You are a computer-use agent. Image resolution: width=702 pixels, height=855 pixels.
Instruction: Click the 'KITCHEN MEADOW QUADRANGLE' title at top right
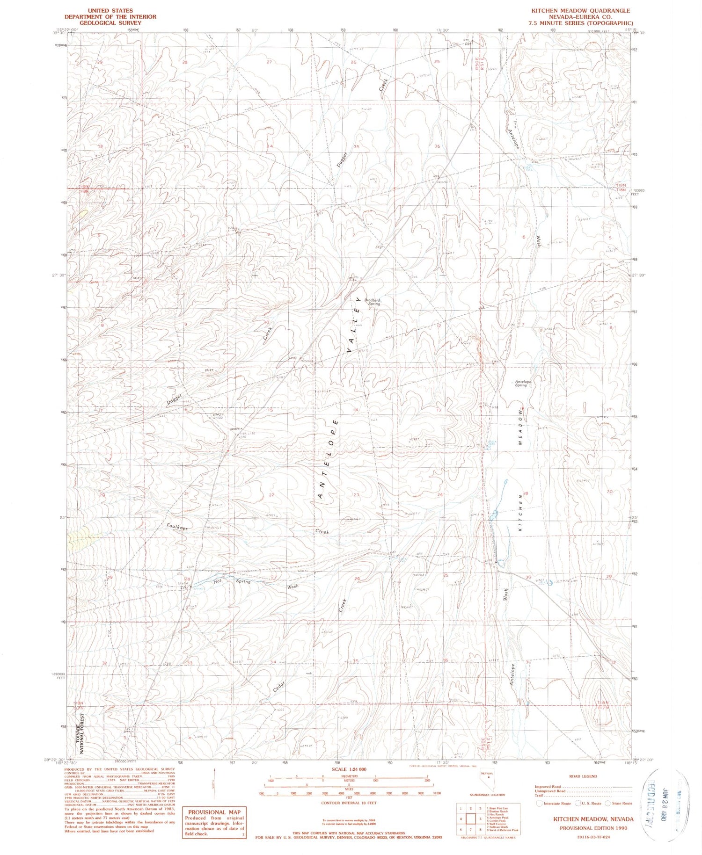click(580, 11)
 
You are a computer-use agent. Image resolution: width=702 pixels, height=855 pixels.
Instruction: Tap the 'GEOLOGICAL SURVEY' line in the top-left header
click(110, 22)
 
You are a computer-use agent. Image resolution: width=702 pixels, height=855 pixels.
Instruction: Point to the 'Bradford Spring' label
click(373, 302)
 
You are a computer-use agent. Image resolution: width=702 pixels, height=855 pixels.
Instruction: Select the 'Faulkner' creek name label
click(177, 527)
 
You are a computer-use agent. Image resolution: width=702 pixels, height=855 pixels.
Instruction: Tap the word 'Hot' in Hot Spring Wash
click(217, 581)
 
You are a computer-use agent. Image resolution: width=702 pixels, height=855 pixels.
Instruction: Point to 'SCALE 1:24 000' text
click(349, 769)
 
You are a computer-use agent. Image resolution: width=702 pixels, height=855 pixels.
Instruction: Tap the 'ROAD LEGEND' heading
click(583, 776)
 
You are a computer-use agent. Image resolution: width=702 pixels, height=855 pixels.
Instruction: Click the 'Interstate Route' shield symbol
click(540, 804)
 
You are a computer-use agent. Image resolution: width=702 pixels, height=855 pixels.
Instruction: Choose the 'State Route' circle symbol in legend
click(608, 804)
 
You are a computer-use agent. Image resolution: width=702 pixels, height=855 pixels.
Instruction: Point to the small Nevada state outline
click(487, 782)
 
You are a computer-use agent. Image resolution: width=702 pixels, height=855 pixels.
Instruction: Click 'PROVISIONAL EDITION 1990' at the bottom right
click(593, 828)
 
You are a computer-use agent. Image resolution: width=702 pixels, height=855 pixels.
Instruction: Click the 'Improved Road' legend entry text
click(548, 787)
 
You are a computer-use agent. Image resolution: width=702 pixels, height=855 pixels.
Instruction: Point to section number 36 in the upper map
click(437, 146)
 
